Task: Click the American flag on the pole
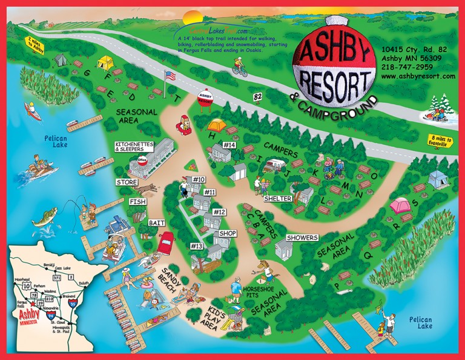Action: [170, 76]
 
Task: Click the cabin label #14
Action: [229, 145]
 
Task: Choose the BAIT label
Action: [157, 224]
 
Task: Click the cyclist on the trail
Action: [240, 70]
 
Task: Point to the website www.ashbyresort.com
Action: [418, 76]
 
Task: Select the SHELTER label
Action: [278, 198]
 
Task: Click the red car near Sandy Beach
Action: [165, 242]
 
